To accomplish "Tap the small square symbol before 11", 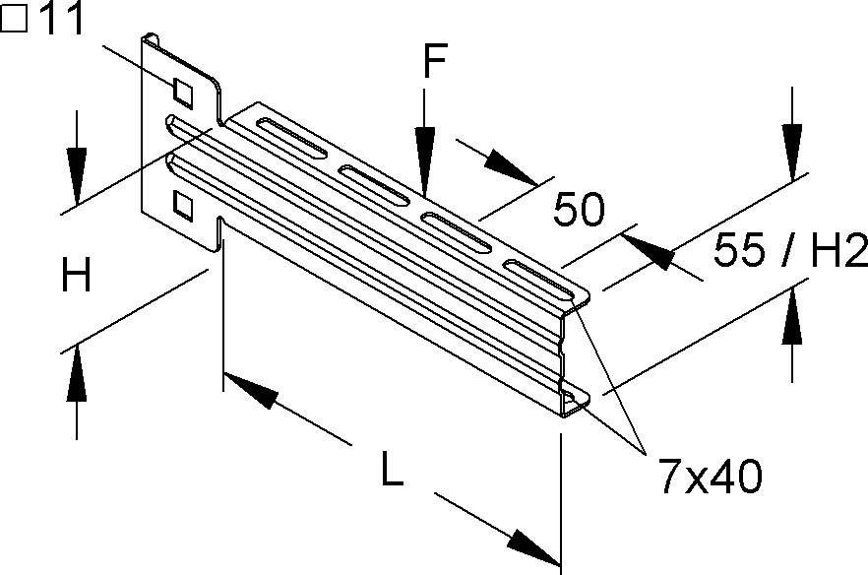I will [x=17, y=21].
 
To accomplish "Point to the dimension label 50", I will [x=579, y=210].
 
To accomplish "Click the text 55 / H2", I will [x=788, y=252].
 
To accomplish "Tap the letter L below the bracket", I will [x=391, y=474].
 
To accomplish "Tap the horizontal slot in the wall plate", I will [x=187, y=129].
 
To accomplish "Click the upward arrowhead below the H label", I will [x=75, y=370].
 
